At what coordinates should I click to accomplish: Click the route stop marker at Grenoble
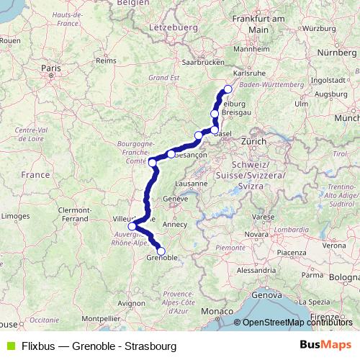tap(161, 251)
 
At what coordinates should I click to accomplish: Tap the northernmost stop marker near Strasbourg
tap(228, 89)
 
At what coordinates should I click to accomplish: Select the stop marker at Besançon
tap(171, 153)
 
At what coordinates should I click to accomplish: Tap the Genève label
tap(175, 199)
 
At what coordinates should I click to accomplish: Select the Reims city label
tap(106, 61)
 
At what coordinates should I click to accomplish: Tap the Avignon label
tap(130, 303)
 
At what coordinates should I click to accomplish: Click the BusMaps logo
tap(325, 345)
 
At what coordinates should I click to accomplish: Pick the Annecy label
tap(176, 224)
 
